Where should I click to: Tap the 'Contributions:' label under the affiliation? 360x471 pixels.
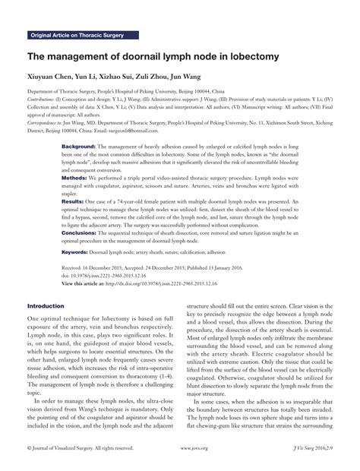pyautogui.click(x=44, y=98)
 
